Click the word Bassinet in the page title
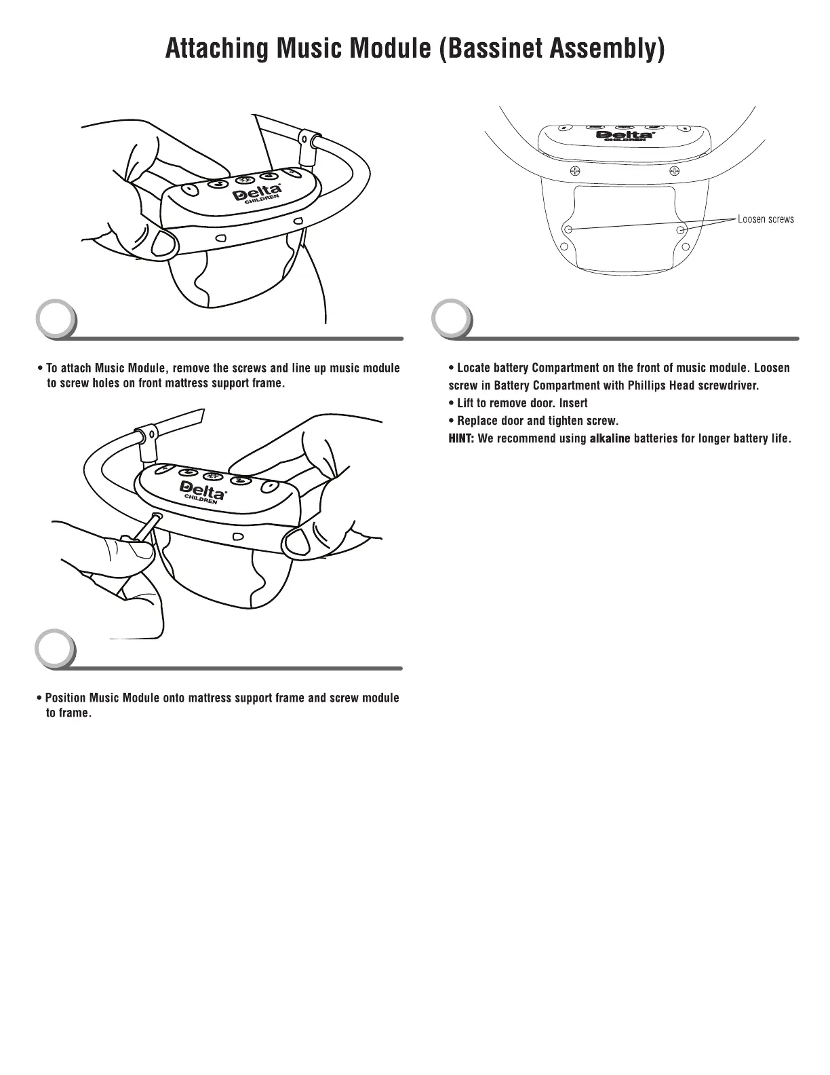(490, 50)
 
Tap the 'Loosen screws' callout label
(766, 219)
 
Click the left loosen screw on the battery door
(569, 229)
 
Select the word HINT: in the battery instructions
(462, 438)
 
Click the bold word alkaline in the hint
(610, 438)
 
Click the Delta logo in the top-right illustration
(624, 135)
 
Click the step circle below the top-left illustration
(56, 320)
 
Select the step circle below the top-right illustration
(452, 320)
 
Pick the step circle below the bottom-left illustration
(56, 650)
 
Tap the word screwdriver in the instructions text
(728, 385)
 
